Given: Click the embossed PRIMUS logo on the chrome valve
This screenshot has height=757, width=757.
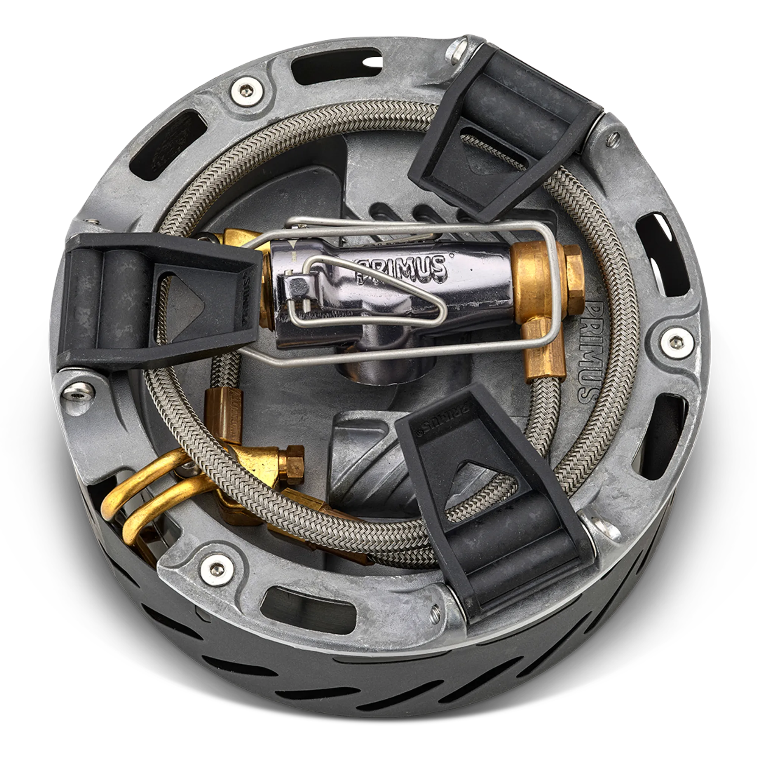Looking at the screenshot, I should click(402, 269).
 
